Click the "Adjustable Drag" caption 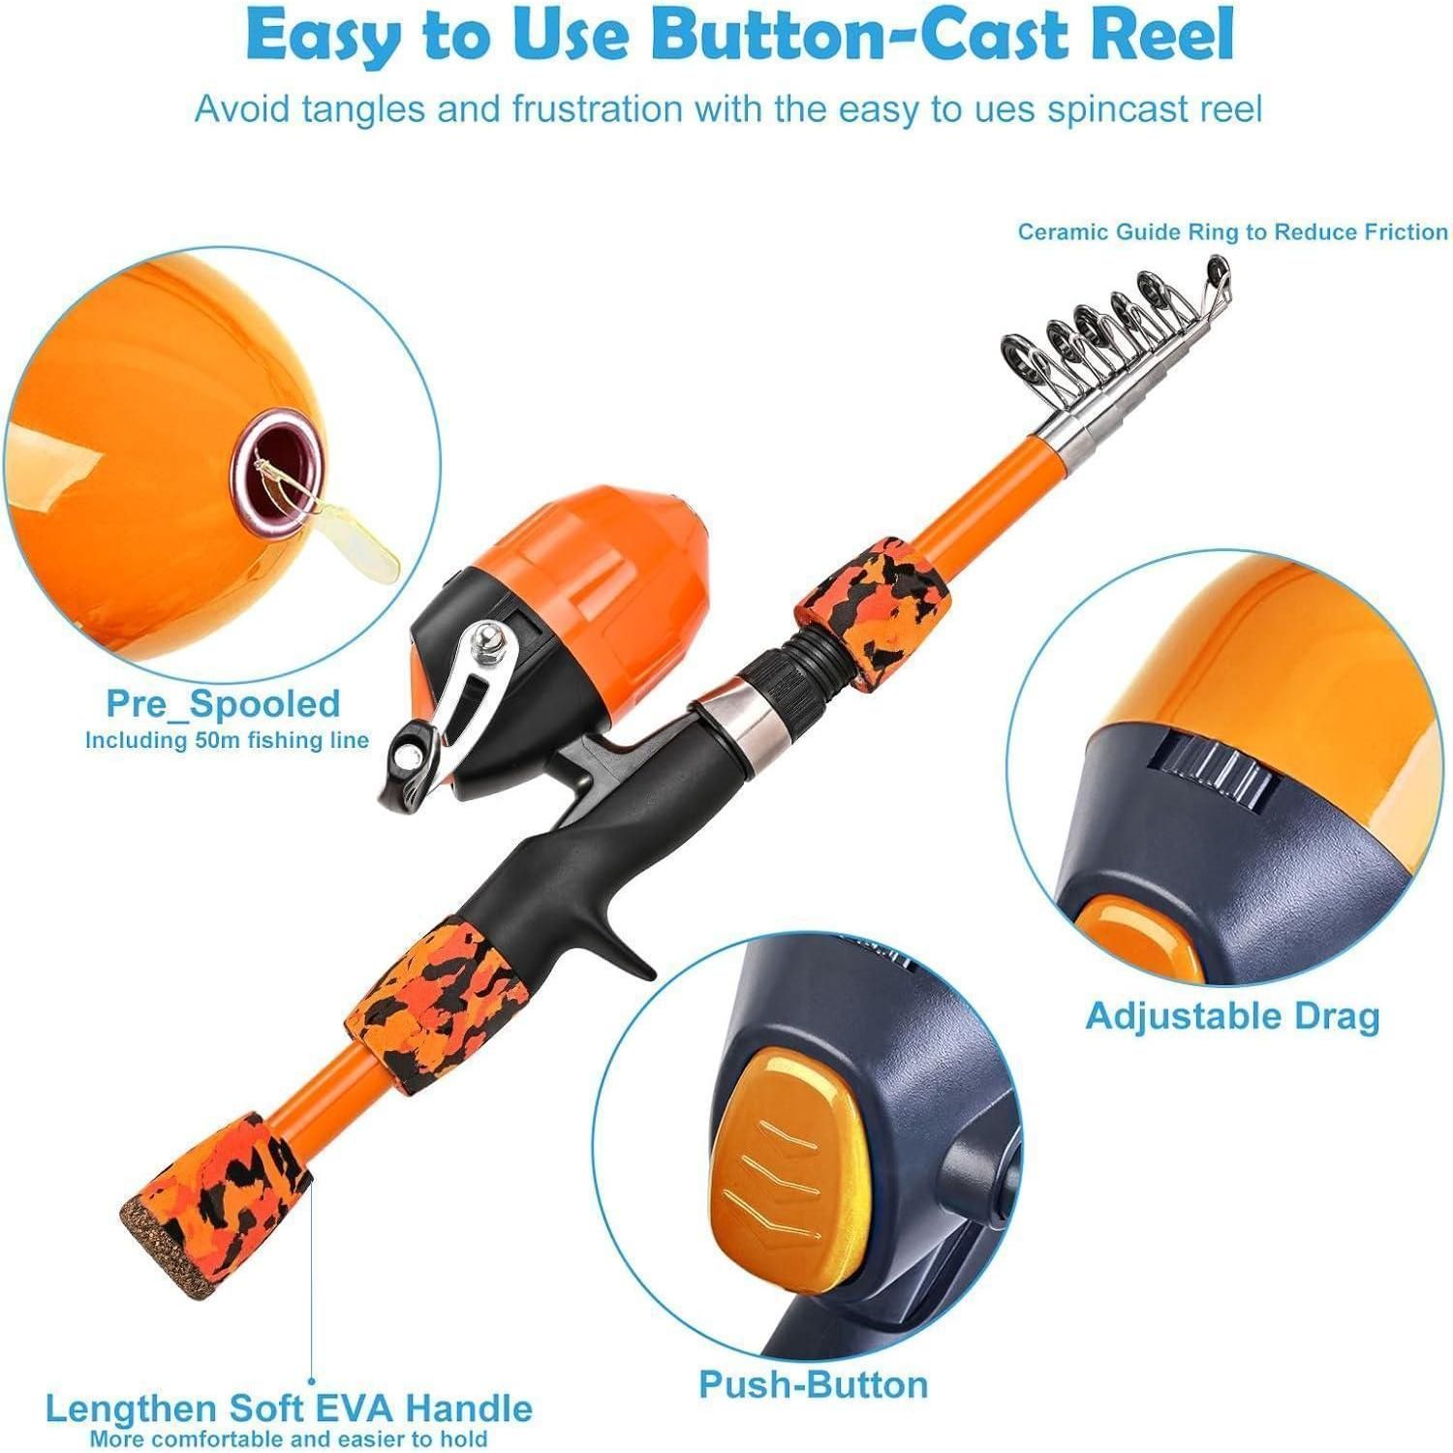(1232, 1016)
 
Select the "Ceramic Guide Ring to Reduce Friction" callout (1232, 232)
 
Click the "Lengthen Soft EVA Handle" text (289, 1407)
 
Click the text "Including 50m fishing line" (228, 741)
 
